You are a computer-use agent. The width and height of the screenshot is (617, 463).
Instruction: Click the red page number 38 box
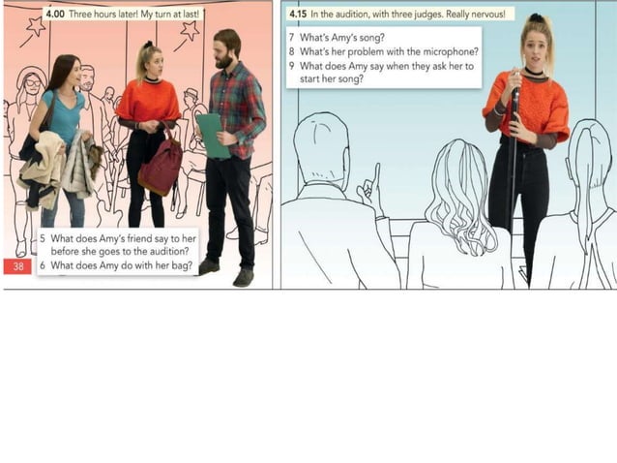(x=17, y=266)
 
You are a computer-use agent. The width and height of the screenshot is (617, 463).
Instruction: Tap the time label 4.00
(x=55, y=15)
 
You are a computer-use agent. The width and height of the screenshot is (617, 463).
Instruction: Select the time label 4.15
(x=298, y=15)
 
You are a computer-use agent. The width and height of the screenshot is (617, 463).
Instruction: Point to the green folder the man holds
(x=213, y=136)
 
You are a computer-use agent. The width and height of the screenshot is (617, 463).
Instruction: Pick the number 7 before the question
(x=292, y=38)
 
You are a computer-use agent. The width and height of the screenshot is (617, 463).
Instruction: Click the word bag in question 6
(x=184, y=266)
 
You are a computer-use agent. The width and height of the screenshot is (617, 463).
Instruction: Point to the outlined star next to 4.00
(x=36, y=26)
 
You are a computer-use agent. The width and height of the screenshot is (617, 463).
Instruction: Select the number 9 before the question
(x=292, y=66)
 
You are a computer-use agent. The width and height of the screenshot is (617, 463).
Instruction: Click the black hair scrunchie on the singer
(x=536, y=17)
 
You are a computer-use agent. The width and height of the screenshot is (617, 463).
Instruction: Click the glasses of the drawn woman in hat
(x=33, y=82)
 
